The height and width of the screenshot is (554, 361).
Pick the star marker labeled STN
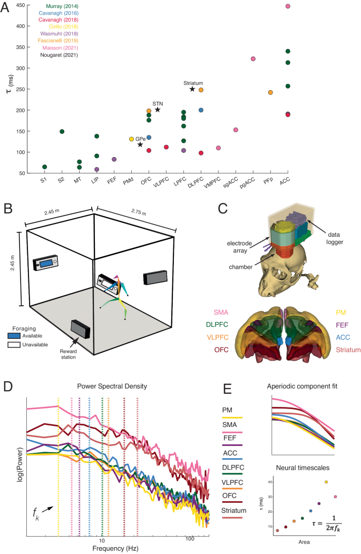(158, 110)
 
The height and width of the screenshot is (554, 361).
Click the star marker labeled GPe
(140, 144)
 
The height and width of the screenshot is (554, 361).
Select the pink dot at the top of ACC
(288, 6)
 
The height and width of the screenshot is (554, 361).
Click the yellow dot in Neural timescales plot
(327, 497)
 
